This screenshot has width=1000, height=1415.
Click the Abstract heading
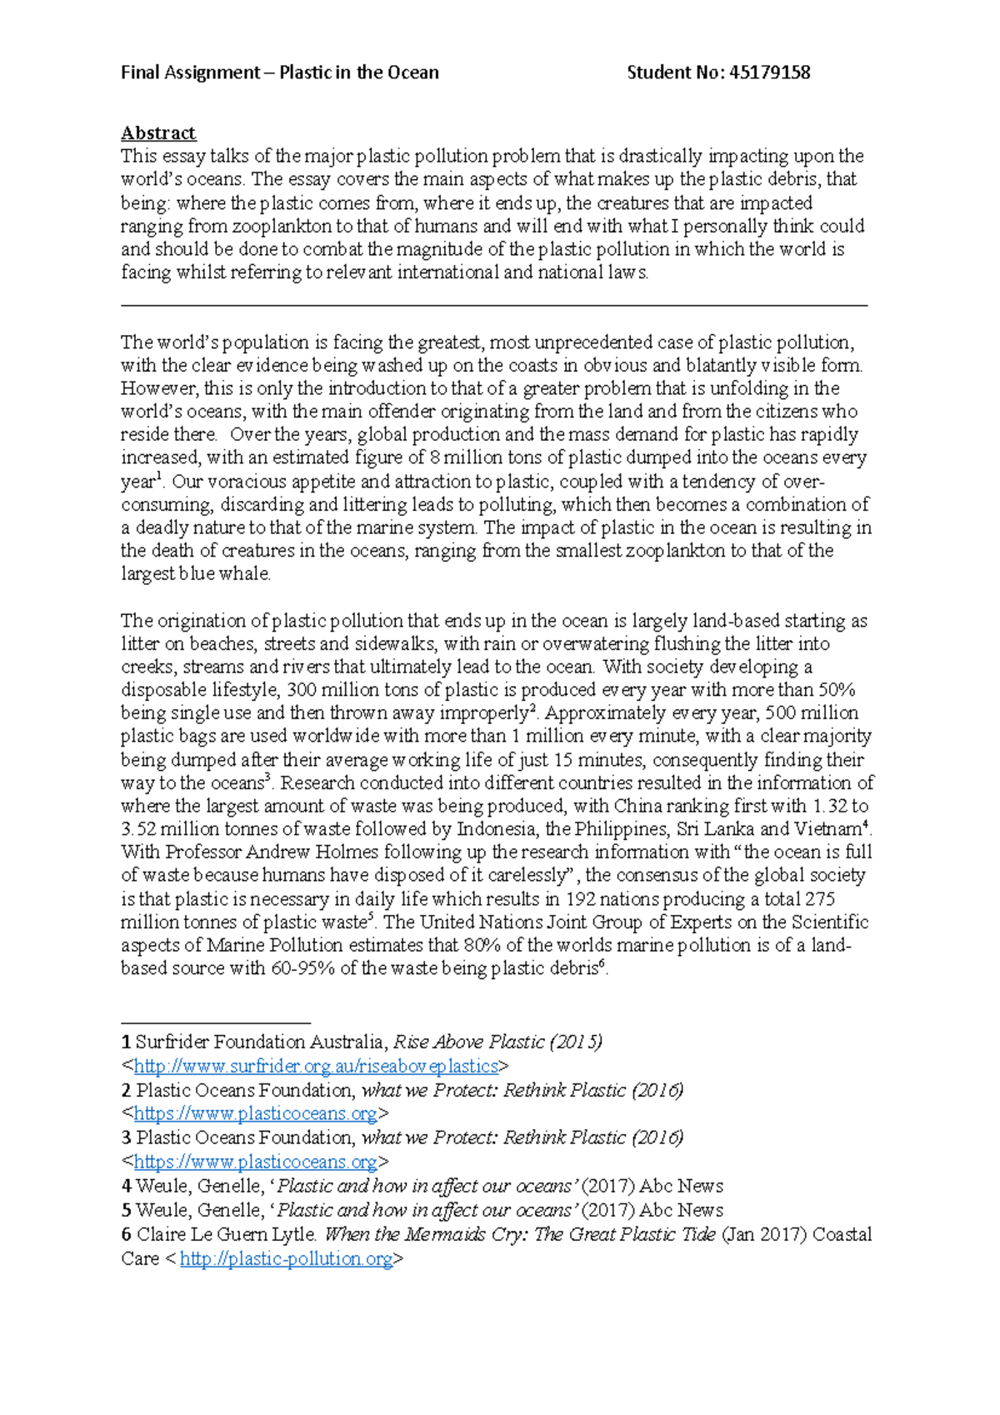pos(158,133)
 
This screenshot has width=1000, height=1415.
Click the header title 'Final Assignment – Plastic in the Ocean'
pos(279,72)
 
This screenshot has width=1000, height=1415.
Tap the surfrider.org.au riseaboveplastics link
pos(315,1066)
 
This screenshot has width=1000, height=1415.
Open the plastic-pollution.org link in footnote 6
pos(286,1258)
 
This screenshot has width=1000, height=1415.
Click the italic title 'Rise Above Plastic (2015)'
pos(497,1042)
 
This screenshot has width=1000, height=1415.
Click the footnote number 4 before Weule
pos(126,1186)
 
